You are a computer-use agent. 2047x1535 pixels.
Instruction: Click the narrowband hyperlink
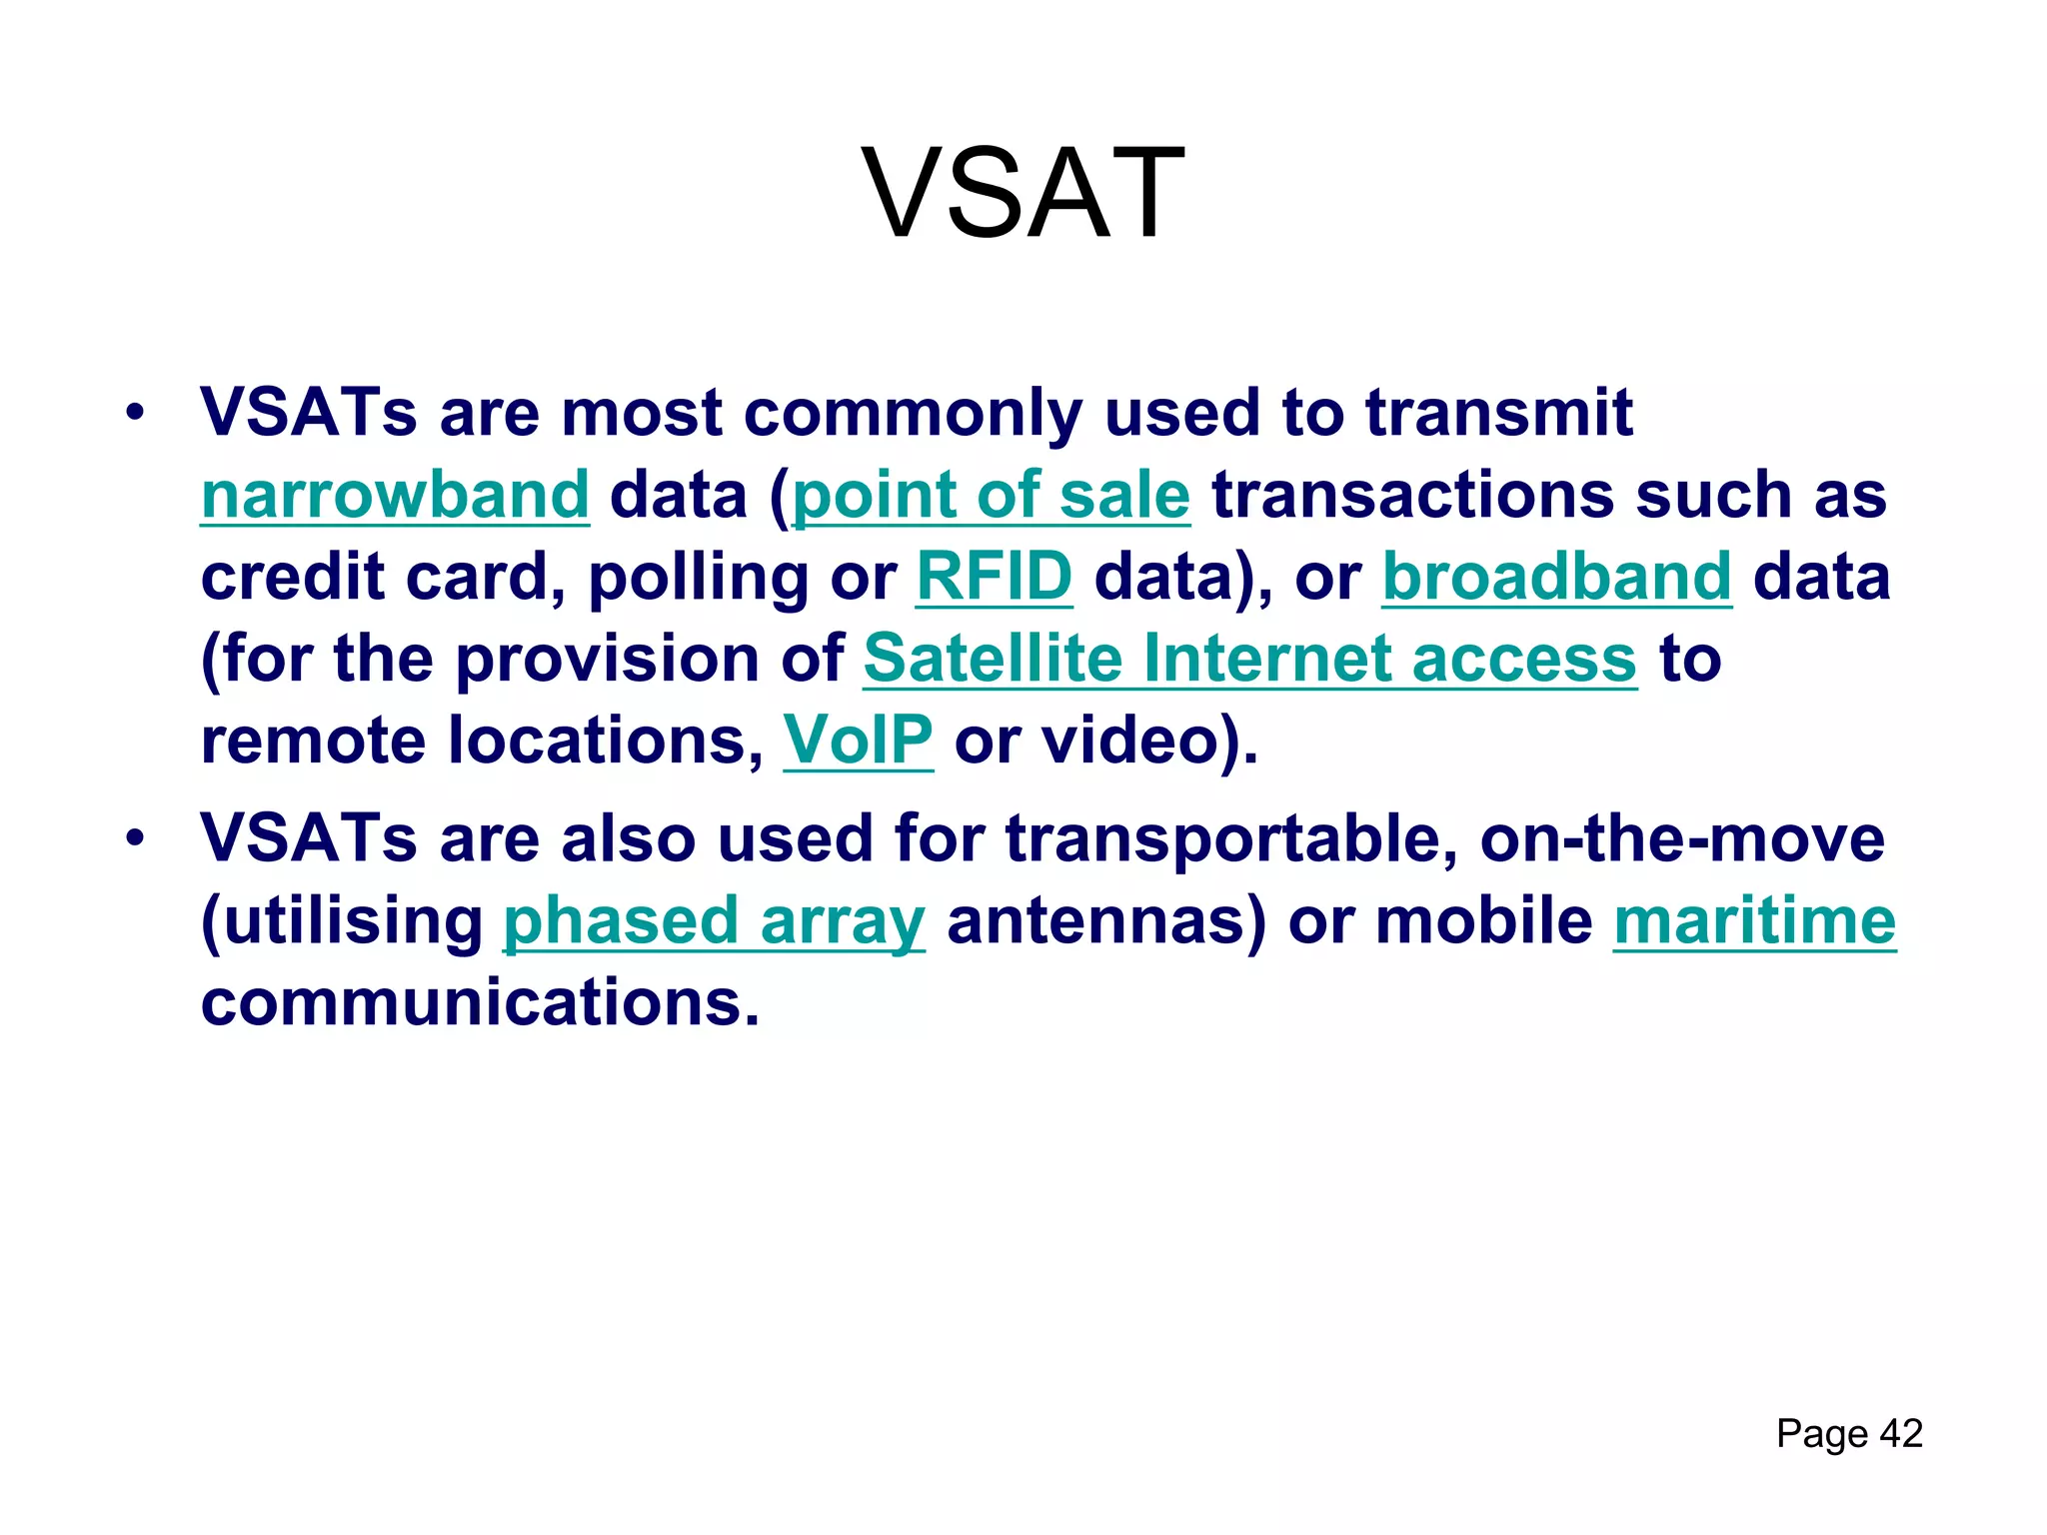395,496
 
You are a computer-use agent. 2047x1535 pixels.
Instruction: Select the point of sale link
991,496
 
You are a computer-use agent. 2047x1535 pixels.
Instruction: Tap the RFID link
995,578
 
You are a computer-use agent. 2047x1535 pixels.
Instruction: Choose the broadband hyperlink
1556,578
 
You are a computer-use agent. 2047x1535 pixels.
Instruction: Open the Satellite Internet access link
1249,660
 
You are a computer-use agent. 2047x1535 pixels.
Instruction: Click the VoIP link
858,742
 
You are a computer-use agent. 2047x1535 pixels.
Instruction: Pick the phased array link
714,921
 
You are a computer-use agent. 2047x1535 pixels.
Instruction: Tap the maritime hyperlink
1754,921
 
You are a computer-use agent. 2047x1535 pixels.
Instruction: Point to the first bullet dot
135,412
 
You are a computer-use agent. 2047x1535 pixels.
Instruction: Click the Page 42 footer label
1849,1434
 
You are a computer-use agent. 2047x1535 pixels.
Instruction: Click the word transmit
1498,414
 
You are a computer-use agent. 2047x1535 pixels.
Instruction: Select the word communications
480,1003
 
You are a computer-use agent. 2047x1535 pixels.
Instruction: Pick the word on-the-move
1682,839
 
